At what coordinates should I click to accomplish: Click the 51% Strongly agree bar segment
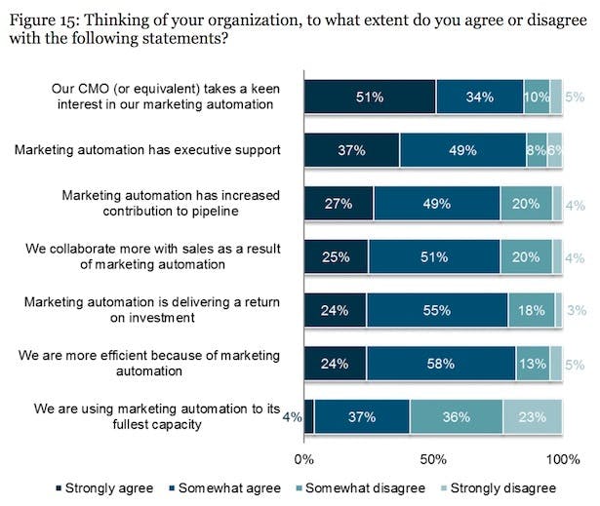(369, 97)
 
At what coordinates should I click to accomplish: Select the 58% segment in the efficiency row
(441, 365)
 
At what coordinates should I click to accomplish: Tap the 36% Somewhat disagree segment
(456, 416)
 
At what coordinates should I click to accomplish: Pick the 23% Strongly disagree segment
(533, 416)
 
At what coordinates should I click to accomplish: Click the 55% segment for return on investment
(436, 311)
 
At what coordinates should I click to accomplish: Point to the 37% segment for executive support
(351, 150)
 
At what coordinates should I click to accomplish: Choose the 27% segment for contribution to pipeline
(338, 204)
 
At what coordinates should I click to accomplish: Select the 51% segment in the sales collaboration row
(433, 257)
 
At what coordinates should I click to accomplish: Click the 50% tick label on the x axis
(433, 458)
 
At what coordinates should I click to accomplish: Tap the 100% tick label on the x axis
(562, 458)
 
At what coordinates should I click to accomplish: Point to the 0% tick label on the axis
(304, 458)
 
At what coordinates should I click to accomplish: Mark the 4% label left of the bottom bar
(289, 416)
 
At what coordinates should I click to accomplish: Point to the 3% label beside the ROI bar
(576, 311)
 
